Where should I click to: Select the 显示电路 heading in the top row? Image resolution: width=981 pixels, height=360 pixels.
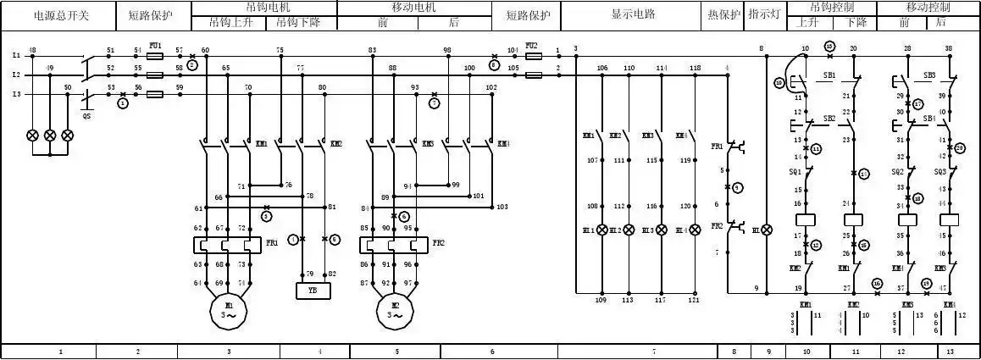tap(633, 14)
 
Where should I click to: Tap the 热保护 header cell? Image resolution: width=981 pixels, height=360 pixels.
tap(724, 14)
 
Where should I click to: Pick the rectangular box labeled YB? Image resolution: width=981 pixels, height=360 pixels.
tap(313, 291)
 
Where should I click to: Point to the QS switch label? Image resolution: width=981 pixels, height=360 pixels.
tap(86, 116)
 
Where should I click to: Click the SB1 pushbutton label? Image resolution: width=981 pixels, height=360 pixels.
tap(829, 75)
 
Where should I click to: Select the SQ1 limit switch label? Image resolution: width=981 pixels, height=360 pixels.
tap(795, 171)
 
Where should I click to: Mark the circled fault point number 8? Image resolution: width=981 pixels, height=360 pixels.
tap(494, 64)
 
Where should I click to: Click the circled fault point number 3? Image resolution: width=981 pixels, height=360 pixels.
tap(266, 217)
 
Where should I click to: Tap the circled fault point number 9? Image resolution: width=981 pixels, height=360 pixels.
tap(737, 186)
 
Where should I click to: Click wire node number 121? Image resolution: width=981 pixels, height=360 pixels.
tap(694, 300)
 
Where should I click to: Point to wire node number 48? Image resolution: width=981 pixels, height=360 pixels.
tap(32, 50)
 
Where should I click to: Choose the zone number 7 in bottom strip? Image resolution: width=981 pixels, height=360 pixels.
tap(653, 351)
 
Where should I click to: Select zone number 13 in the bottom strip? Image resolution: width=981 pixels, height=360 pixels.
tap(950, 351)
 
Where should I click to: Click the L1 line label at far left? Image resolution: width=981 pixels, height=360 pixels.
tap(15, 55)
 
